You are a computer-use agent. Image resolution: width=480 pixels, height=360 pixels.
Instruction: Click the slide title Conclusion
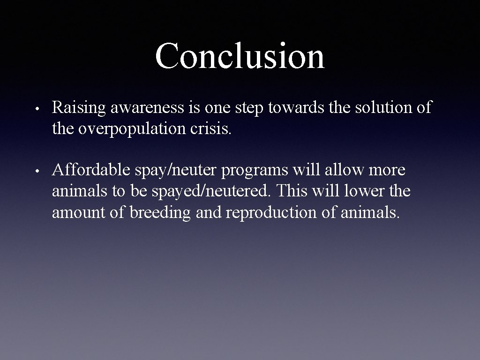click(x=240, y=56)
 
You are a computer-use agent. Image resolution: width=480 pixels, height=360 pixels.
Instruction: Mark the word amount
click(x=77, y=213)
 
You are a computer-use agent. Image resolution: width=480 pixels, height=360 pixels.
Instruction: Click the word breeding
click(x=160, y=213)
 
